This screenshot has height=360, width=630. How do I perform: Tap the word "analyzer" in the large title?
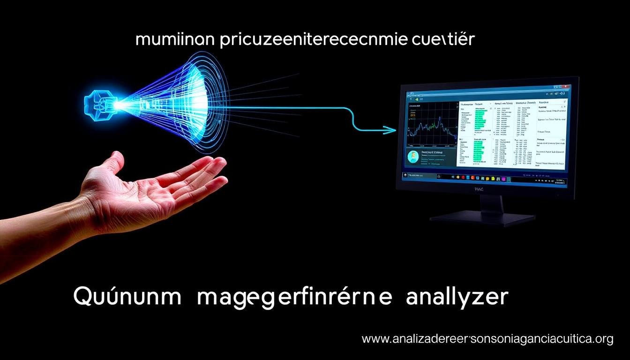[x=457, y=298]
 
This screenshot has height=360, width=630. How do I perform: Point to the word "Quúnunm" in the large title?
[x=127, y=298]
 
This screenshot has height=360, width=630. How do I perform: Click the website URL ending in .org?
[x=487, y=339]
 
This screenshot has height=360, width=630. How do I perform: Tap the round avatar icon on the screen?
[x=413, y=158]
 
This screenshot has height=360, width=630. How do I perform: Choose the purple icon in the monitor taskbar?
[x=504, y=179]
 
